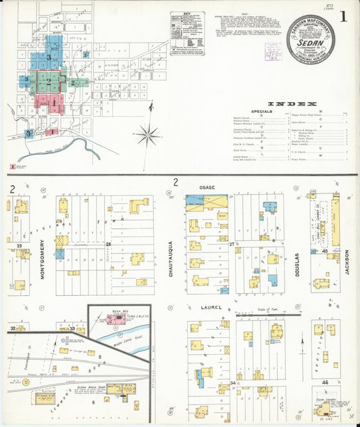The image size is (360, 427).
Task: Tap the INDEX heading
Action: point(292,104)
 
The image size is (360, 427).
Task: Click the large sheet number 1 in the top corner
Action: point(345,15)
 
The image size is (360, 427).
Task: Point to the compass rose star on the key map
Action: point(147,134)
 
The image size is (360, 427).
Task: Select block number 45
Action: point(325,251)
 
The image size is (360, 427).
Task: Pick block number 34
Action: point(232,384)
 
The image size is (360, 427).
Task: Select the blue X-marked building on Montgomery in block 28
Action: point(60,253)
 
